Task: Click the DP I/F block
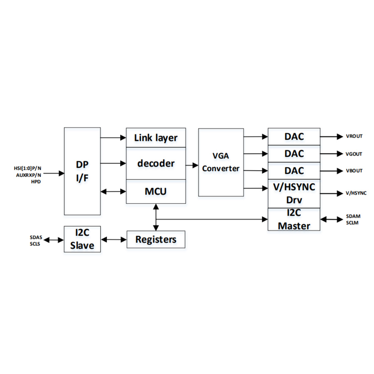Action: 82,171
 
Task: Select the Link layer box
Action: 156,138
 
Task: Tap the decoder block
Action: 156,163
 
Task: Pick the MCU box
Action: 156,192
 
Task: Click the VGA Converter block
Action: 221,162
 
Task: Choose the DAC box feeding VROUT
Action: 294,136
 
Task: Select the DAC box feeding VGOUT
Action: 294,154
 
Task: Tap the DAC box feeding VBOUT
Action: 294,171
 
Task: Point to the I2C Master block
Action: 294,219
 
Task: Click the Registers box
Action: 156,239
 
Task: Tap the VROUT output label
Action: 354,136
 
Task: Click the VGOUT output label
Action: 354,154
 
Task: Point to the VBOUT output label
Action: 354,171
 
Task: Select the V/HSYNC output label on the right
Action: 356,193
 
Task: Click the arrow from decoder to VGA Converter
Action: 192,165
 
